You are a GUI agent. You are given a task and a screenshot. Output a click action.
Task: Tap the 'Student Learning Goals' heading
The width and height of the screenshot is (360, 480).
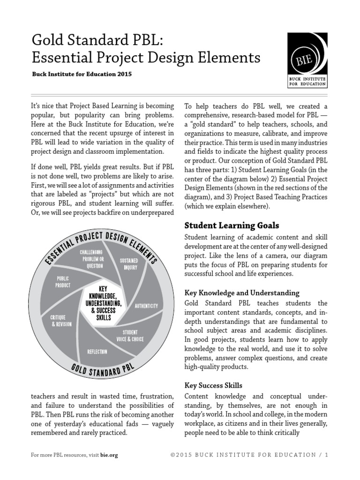tap(232, 225)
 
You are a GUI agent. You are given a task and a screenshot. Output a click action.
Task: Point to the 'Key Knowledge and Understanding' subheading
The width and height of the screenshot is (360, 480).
tap(242, 292)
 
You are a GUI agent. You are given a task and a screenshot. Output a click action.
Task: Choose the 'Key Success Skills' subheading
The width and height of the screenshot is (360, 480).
tap(213, 385)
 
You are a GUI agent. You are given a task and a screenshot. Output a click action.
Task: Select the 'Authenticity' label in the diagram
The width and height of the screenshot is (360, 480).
tap(146, 306)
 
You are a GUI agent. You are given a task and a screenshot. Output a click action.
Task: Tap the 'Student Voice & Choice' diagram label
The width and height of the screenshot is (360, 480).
tap(130, 336)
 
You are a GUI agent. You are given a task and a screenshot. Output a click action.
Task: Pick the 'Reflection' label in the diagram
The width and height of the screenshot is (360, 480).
tap(97, 351)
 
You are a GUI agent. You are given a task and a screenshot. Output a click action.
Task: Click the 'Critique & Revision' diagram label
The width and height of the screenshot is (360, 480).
tap(61, 321)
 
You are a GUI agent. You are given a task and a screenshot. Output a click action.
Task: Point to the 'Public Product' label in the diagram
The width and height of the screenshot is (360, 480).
tap(63, 281)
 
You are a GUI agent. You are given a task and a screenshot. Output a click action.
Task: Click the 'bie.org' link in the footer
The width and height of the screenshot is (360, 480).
tap(109, 455)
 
